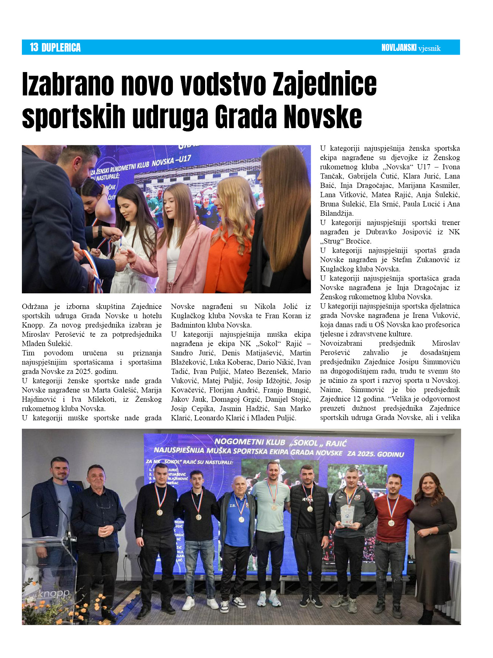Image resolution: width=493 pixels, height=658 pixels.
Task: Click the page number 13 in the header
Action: point(34,48)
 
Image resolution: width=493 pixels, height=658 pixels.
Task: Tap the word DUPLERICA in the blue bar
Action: point(61,48)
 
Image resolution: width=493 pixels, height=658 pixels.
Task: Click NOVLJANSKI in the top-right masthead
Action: point(399,48)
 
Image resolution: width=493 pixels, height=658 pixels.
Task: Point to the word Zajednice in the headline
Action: point(325,84)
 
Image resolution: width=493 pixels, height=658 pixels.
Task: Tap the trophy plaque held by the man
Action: point(348,516)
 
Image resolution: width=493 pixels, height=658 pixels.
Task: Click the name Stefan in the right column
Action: point(402,260)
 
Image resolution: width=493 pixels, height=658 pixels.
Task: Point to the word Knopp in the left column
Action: point(32,325)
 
